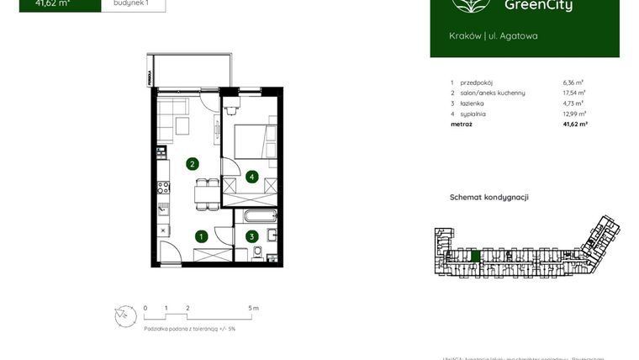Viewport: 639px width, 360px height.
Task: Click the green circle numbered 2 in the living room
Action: coord(193,164)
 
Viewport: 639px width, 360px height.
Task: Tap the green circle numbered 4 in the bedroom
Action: coord(251,177)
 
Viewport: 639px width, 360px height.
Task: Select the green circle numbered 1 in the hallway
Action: coord(201,236)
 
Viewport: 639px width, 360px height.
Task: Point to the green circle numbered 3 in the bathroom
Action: coord(251,236)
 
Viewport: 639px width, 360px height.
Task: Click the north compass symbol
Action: coord(125,315)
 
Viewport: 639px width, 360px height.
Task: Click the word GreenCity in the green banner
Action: coord(539,7)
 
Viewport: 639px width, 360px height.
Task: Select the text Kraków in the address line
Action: coord(466,36)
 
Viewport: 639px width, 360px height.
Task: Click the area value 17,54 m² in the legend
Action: coord(574,93)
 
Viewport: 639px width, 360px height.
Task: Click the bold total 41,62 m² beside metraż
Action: coord(574,124)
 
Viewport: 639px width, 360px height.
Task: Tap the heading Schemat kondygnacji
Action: coord(489,197)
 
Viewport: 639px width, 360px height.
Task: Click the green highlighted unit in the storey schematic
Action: coord(475,256)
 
